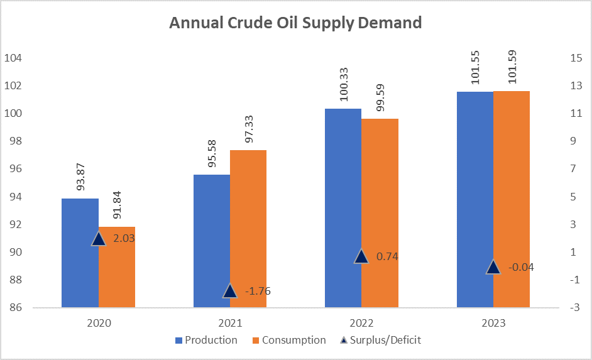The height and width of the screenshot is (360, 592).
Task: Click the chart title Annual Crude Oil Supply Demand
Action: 295,24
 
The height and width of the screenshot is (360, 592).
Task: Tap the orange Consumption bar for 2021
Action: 248,229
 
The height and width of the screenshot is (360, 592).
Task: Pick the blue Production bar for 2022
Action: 343,208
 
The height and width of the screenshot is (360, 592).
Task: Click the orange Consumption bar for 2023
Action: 512,199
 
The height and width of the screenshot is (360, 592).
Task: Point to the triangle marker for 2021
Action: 229,291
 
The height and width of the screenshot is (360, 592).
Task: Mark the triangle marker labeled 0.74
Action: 361,256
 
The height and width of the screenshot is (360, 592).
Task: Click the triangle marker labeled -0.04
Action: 493,267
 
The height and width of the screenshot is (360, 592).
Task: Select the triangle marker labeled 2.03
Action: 98,238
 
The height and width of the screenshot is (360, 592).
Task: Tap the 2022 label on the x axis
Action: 361,324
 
